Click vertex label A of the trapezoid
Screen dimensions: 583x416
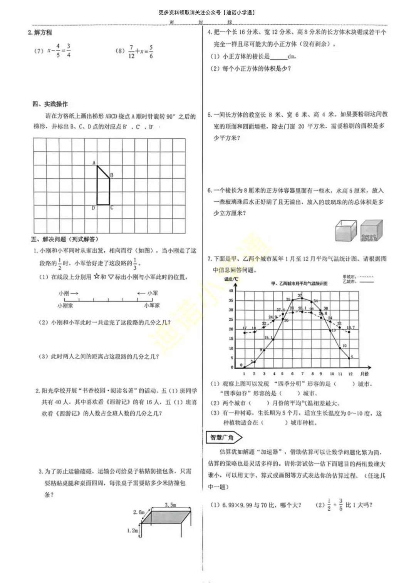pyautogui.click(x=94, y=163)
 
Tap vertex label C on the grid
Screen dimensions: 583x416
pyautogui.click(x=112, y=208)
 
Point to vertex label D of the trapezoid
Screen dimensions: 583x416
pyautogui.click(x=93, y=208)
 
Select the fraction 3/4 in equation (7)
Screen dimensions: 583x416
pyautogui.click(x=68, y=50)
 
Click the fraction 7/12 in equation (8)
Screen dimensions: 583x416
pyautogui.click(x=131, y=52)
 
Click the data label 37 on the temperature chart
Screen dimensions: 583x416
pyautogui.click(x=300, y=295)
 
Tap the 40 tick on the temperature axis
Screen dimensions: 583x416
pyautogui.click(x=231, y=291)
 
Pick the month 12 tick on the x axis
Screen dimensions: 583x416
pyautogui.click(x=350, y=374)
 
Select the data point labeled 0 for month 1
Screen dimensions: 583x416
pyautogui.click(x=244, y=367)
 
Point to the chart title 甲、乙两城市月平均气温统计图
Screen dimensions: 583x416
pyautogui.click(x=299, y=283)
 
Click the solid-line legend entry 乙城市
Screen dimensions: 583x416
pyautogui.click(x=358, y=281)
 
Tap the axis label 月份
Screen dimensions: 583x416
pyautogui.click(x=364, y=374)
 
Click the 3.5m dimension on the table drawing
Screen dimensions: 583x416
pyautogui.click(x=170, y=504)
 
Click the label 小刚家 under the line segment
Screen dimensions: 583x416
pyautogui.click(x=65, y=305)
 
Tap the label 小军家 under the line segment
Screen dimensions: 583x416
pyautogui.click(x=152, y=305)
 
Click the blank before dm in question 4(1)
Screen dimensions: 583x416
pyautogui.click(x=279, y=57)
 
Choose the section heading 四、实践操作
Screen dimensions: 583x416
pyautogui.click(x=50, y=104)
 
